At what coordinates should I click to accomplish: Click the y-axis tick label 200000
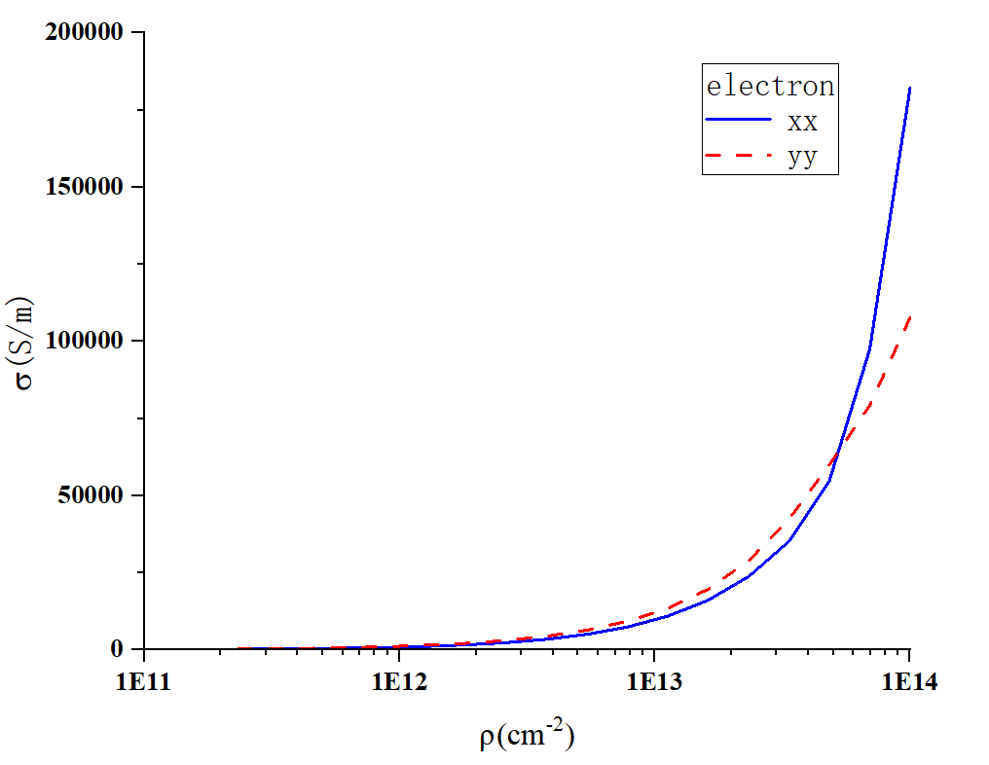(85, 33)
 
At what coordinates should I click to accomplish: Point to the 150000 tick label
(85, 187)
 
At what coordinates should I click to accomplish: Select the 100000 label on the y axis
(85, 341)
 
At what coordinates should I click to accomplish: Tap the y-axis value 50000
(92, 494)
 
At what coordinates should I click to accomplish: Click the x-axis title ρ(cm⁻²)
(527, 736)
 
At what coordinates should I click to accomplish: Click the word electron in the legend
(770, 86)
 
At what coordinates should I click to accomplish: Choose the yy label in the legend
(803, 156)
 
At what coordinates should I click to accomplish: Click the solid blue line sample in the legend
(739, 121)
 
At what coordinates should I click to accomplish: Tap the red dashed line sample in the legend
(739, 155)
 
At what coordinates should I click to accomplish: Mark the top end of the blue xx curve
(909, 88)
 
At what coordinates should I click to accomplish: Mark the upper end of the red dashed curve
(909, 315)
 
